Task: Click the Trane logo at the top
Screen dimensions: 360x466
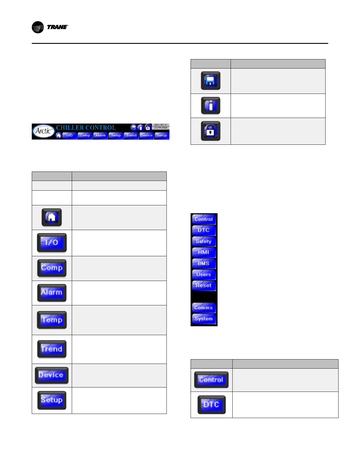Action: [x=50, y=27]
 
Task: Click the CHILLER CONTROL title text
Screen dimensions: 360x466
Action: [x=86, y=128]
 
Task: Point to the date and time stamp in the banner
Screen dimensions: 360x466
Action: [x=161, y=126]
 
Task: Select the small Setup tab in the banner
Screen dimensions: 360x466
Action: [x=162, y=135]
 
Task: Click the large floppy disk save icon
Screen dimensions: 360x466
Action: [x=211, y=81]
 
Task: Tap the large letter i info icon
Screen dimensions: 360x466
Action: [x=211, y=106]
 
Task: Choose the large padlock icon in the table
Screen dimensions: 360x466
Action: [x=211, y=131]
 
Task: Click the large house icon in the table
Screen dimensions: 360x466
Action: [x=52, y=217]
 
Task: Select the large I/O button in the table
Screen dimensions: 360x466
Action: [x=52, y=242]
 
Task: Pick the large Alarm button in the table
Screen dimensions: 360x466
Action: [x=52, y=292]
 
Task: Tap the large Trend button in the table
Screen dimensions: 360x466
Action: [x=52, y=349]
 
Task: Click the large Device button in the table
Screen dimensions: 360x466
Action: [x=51, y=375]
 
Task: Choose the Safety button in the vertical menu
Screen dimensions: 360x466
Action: [x=204, y=241]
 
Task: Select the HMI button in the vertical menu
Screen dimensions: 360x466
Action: [x=204, y=252]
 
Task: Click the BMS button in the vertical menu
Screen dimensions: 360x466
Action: [x=204, y=263]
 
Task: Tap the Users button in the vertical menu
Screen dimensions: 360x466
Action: [x=204, y=274]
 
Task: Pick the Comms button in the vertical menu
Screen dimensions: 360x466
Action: [x=204, y=307]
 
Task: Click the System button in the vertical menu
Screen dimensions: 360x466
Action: [x=204, y=319]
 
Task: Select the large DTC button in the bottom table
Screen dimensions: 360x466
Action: [x=211, y=405]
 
